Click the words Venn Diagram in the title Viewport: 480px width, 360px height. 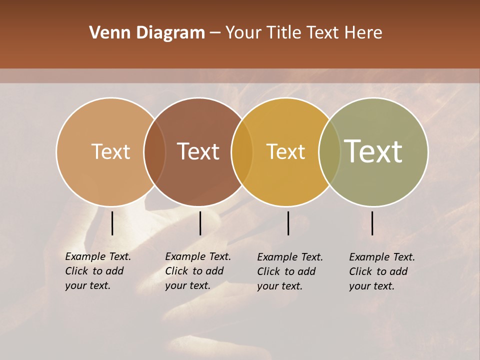tap(147, 33)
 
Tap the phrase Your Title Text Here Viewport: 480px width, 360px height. tap(303, 33)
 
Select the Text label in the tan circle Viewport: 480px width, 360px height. tap(110, 151)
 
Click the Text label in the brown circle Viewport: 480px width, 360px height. tap(198, 151)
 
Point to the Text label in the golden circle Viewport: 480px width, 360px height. tap(285, 151)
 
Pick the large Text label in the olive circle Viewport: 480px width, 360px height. tap(373, 151)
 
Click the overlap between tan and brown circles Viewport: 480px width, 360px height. tap(154, 152)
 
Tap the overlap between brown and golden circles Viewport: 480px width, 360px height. tap(242, 152)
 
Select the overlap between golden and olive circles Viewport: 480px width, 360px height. tap(329, 152)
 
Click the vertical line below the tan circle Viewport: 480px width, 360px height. tap(112, 223)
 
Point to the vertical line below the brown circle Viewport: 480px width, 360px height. tap(200, 223)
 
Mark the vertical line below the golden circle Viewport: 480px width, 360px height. tap(288, 223)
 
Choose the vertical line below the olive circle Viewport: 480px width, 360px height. tap(372, 223)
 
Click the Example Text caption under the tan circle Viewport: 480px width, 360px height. tap(98, 271)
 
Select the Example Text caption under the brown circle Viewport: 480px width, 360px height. tap(198, 271)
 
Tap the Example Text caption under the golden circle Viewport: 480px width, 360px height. tap(290, 271)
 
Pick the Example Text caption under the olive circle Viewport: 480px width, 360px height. tap(382, 271)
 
